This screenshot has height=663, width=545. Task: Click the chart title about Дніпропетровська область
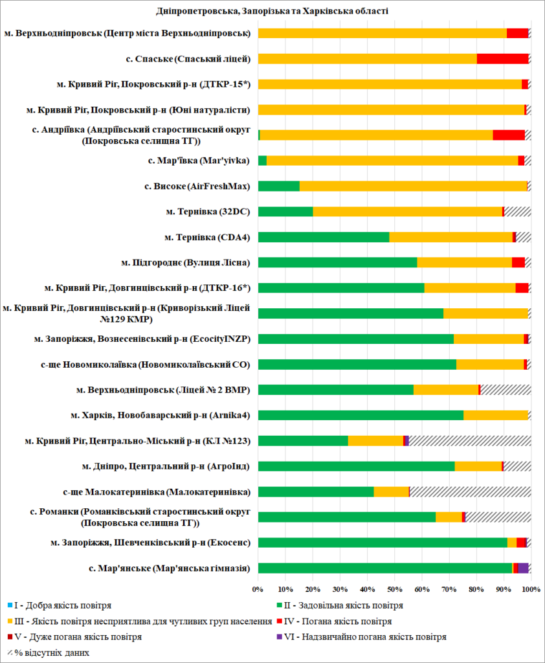tap(272, 11)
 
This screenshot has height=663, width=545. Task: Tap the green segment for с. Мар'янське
tap(385, 568)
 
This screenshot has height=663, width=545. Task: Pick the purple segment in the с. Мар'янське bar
tap(523, 568)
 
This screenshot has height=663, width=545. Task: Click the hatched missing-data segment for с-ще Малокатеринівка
tap(470, 491)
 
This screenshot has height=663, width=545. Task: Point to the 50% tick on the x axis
tap(394, 590)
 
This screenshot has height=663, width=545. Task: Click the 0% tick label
tap(258, 590)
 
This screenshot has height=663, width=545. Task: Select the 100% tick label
tap(531, 590)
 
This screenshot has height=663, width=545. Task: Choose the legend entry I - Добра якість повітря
tap(58, 606)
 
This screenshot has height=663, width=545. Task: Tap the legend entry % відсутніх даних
tap(49, 653)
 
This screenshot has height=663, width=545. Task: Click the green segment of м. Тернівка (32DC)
tap(285, 211)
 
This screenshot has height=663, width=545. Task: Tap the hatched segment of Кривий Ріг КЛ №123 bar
tap(470, 440)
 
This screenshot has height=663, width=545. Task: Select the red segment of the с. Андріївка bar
tap(509, 135)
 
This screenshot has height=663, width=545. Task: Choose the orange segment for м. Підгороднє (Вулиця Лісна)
tap(464, 262)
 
